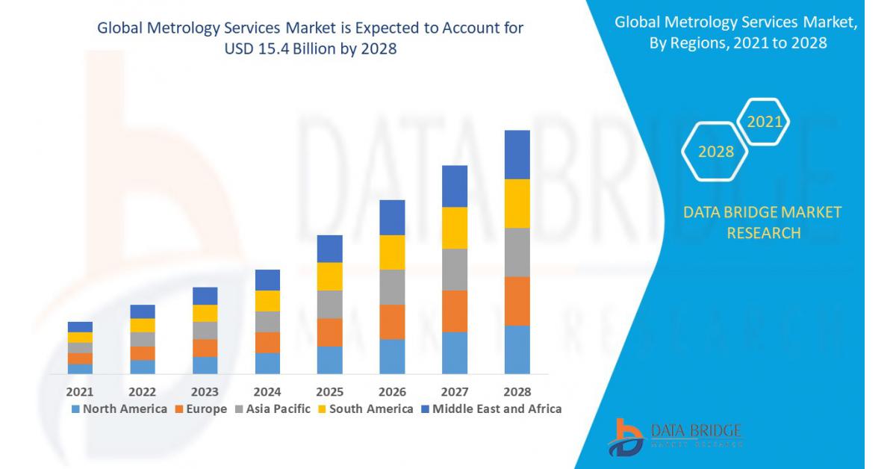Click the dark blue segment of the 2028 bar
(x=517, y=155)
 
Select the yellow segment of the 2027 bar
(x=454, y=228)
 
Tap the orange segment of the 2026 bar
(x=392, y=322)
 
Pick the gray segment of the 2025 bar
(x=329, y=304)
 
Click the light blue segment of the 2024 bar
(x=267, y=363)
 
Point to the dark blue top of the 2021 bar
(x=80, y=327)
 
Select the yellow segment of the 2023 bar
(x=205, y=313)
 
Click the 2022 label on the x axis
(x=142, y=391)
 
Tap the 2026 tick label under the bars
(x=392, y=391)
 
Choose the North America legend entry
(x=119, y=409)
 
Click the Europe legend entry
(x=202, y=409)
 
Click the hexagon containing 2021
(x=764, y=122)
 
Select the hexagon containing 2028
(x=715, y=152)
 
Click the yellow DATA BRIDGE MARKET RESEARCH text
(x=762, y=223)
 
